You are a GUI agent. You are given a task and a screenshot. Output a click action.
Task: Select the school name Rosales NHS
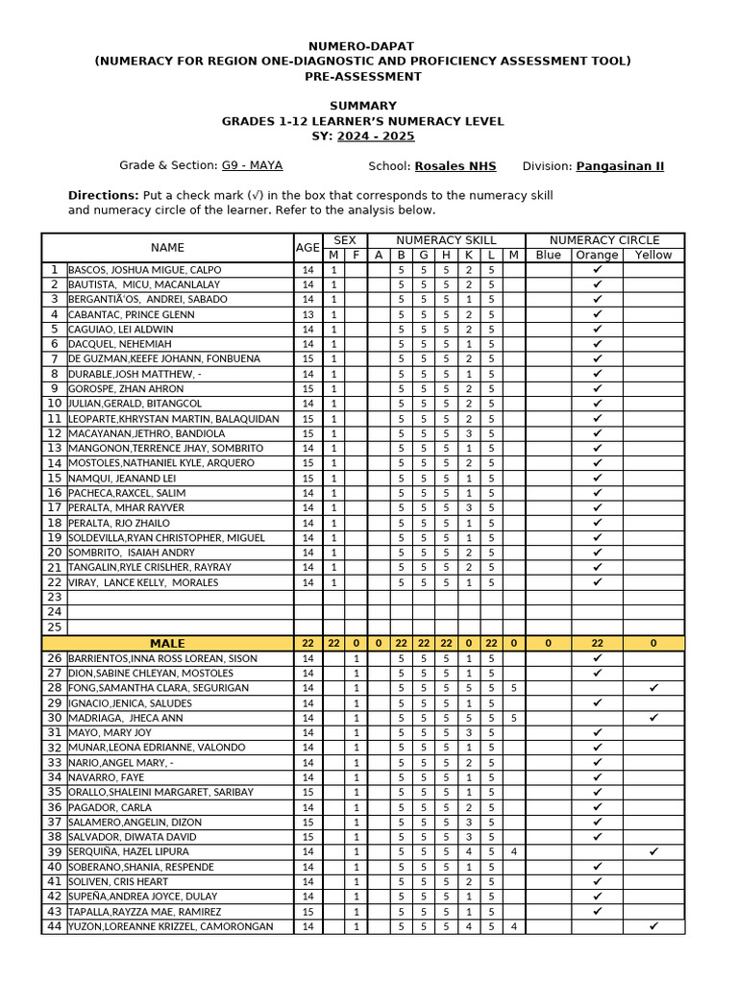(455, 166)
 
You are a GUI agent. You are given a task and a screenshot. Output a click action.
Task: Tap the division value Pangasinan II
(620, 166)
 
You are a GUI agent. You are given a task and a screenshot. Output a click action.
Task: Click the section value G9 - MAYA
(252, 165)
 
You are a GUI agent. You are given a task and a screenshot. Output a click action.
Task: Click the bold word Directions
(103, 195)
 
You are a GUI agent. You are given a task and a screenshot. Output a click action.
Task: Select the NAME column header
(167, 248)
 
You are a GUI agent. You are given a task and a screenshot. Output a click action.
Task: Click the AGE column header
(307, 248)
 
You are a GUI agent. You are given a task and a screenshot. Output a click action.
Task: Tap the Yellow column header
(653, 255)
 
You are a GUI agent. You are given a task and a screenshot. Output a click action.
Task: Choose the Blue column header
(548, 255)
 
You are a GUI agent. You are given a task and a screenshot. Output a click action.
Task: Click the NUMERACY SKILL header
(446, 240)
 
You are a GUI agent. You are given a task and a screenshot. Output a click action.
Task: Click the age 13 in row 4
(307, 314)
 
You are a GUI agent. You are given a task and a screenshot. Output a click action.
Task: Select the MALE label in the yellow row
(167, 643)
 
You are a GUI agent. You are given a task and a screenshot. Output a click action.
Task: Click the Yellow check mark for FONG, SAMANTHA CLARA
(653, 688)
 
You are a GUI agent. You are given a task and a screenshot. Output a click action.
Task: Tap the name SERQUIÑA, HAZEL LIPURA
(128, 851)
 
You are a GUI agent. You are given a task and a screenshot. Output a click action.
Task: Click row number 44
(54, 926)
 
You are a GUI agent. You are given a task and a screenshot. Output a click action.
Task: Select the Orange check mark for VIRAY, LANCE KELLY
(597, 581)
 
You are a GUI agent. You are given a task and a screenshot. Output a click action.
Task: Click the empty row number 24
(54, 612)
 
